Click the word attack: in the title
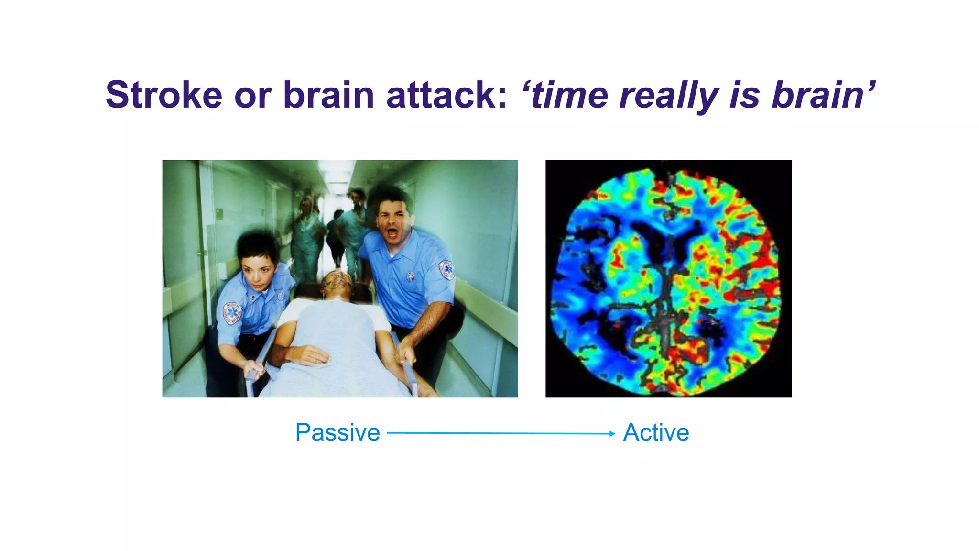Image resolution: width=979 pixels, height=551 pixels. click(446, 95)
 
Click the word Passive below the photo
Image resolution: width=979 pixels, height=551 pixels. click(337, 433)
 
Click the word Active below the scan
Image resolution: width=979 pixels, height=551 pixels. click(656, 433)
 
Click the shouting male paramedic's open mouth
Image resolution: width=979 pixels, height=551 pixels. click(392, 233)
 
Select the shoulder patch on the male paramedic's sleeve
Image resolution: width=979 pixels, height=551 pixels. click(446, 270)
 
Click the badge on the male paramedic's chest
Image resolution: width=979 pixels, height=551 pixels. click(410, 276)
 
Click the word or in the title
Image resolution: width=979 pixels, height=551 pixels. click(252, 95)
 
